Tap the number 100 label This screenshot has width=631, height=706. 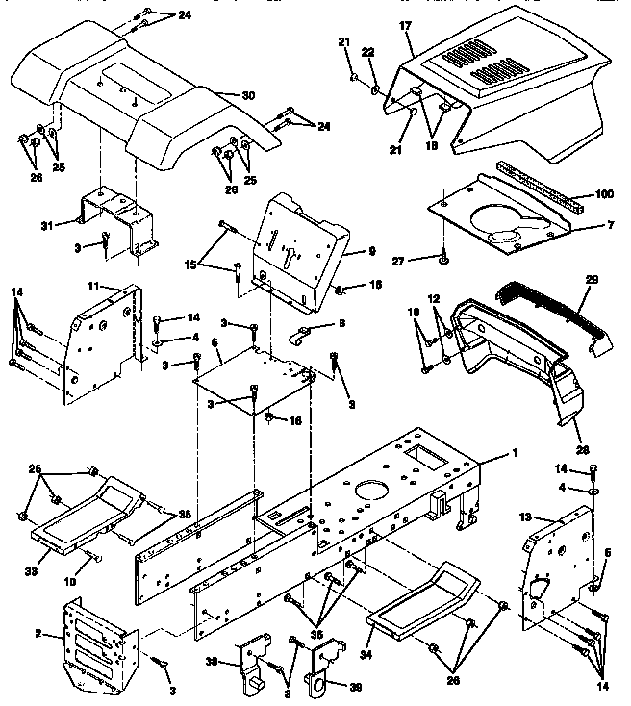click(603, 195)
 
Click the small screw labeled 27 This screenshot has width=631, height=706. click(444, 257)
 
